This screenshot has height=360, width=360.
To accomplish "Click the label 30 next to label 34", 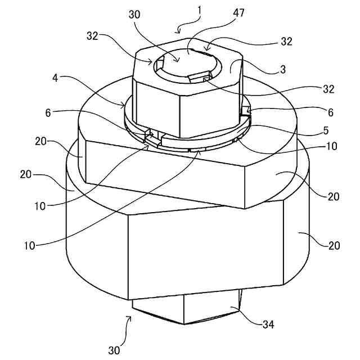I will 114,350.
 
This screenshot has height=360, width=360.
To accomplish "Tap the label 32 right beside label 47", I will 287,42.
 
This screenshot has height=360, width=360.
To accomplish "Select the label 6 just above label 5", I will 330,112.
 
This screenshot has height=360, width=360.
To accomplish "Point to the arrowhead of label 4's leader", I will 125,105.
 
